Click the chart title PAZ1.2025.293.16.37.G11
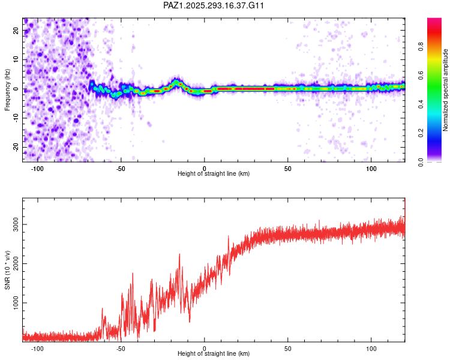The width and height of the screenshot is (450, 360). [x=214, y=5]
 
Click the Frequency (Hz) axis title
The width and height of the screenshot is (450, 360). [x=7, y=89]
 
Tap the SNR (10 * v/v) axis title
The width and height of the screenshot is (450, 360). [x=7, y=270]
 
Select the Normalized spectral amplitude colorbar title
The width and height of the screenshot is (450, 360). [x=446, y=90]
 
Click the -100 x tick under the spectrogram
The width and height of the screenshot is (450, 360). [x=38, y=167]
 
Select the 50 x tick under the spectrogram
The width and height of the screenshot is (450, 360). [x=288, y=167]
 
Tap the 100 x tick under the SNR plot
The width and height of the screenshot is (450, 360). [x=371, y=348]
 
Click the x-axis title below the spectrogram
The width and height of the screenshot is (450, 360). [x=214, y=174]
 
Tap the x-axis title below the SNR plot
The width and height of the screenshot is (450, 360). [x=214, y=355]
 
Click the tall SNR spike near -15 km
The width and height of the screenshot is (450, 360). [x=179, y=255]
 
